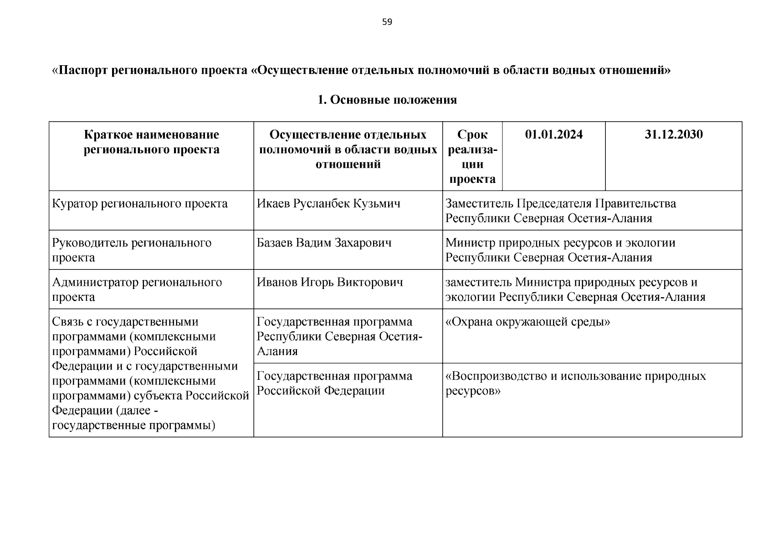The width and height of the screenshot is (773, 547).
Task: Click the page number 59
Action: (x=387, y=22)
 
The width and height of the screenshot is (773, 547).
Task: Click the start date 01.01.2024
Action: (x=553, y=134)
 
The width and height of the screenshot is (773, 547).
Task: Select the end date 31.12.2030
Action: (x=673, y=134)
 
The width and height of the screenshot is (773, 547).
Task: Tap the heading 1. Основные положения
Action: (x=387, y=100)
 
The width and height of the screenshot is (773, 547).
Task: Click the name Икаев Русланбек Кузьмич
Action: (x=328, y=203)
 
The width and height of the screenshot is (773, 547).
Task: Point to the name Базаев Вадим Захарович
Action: (x=324, y=243)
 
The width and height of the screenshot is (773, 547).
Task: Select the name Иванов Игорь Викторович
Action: (x=330, y=282)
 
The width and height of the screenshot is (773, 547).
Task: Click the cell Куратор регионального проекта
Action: (x=140, y=203)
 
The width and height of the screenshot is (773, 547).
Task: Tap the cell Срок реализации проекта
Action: (x=472, y=156)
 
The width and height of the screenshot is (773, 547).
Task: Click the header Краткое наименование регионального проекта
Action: (x=151, y=142)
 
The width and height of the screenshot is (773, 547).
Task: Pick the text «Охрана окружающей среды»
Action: (x=527, y=322)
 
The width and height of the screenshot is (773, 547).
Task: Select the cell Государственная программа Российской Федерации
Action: (x=334, y=383)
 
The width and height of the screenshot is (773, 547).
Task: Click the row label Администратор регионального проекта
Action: (x=137, y=289)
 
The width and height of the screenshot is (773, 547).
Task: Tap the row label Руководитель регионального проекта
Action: (x=132, y=250)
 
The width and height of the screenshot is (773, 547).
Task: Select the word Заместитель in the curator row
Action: (x=479, y=203)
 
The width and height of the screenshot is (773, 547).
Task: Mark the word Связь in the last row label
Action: (x=68, y=322)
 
